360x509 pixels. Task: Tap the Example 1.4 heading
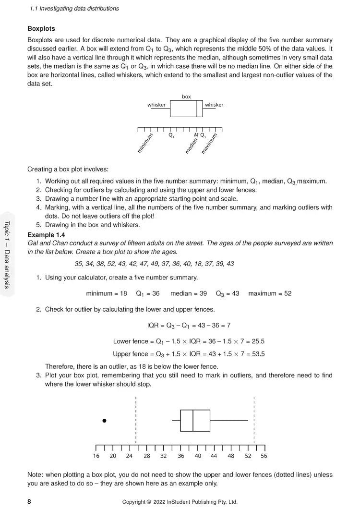coord(46,235)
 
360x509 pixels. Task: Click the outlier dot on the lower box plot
coord(104,421)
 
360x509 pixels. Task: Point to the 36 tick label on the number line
coord(180,456)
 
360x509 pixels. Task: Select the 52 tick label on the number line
coord(248,456)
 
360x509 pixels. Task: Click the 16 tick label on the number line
coord(96,456)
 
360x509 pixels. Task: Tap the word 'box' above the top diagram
coord(186,97)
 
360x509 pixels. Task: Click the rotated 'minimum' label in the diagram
coord(145,143)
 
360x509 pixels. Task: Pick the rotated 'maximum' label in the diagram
coord(209,143)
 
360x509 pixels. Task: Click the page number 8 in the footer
coord(29,502)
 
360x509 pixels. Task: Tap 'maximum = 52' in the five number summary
coord(270,293)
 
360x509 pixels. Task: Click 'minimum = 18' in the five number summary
coord(107,293)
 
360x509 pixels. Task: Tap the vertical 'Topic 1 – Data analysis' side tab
coord(7,254)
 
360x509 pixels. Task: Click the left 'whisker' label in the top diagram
coord(156,105)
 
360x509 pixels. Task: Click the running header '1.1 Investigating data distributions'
coord(74,9)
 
